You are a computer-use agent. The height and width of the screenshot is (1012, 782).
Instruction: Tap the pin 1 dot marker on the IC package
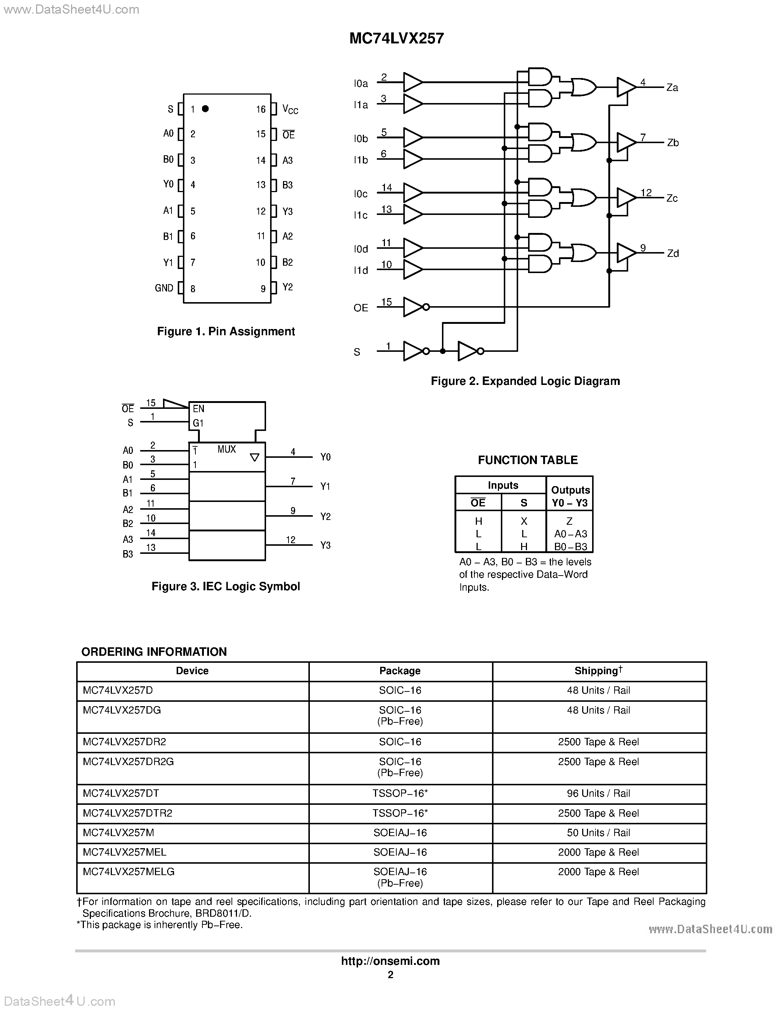(205, 109)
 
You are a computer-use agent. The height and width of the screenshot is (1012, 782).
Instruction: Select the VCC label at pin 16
(290, 110)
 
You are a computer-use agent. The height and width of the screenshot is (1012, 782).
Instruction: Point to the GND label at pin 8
(164, 288)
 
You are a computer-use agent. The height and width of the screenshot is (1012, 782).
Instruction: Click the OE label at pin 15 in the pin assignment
(288, 135)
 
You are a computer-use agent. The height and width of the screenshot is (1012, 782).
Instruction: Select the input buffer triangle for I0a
(412, 82)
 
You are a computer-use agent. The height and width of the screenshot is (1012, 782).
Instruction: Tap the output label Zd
(673, 254)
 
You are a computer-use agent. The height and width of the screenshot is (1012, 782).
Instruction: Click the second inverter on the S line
(468, 351)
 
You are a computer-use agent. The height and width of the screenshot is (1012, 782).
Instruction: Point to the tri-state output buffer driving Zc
(626, 198)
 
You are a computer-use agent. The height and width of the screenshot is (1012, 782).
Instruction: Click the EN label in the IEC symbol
(199, 409)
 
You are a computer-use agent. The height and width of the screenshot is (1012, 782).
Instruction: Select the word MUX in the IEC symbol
(227, 449)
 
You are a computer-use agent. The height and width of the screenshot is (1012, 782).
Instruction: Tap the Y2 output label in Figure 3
(325, 517)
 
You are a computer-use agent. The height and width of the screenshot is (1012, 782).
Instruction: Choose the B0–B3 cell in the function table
(570, 547)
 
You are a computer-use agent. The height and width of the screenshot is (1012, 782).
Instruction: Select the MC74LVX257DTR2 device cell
(127, 813)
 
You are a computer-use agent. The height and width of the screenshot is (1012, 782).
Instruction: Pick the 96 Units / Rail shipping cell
(598, 793)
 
